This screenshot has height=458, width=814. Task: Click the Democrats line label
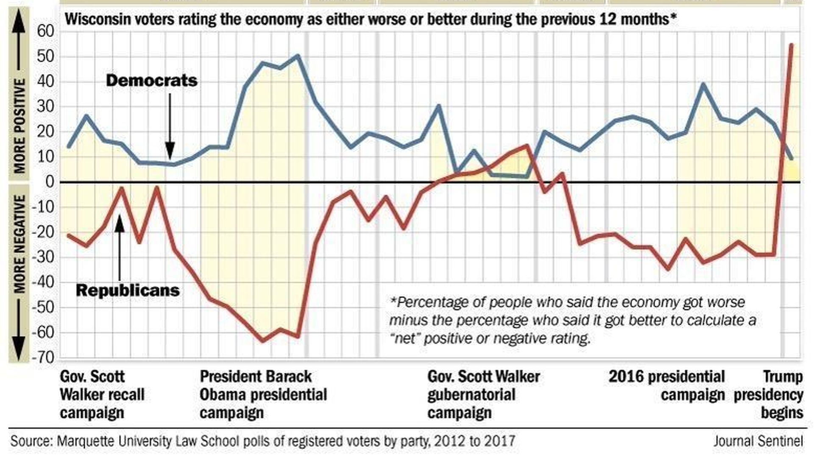coord(151,81)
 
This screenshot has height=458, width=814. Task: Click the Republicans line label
coord(128,290)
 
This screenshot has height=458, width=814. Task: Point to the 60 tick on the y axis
coord(45,31)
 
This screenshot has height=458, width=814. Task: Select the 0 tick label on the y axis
coord(50,182)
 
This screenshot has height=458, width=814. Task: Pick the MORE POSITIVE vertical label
coord(19,126)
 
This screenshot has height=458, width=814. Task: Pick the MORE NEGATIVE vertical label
coord(19,244)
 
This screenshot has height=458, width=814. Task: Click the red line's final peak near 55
coord(791,45)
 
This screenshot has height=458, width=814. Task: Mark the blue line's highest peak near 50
coord(298,56)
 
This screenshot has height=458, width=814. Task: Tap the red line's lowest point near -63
coord(262,340)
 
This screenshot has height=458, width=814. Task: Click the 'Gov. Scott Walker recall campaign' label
coord(102,394)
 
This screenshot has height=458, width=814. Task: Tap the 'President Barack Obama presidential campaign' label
coord(263,394)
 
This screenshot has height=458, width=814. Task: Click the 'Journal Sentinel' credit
coord(758,441)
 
